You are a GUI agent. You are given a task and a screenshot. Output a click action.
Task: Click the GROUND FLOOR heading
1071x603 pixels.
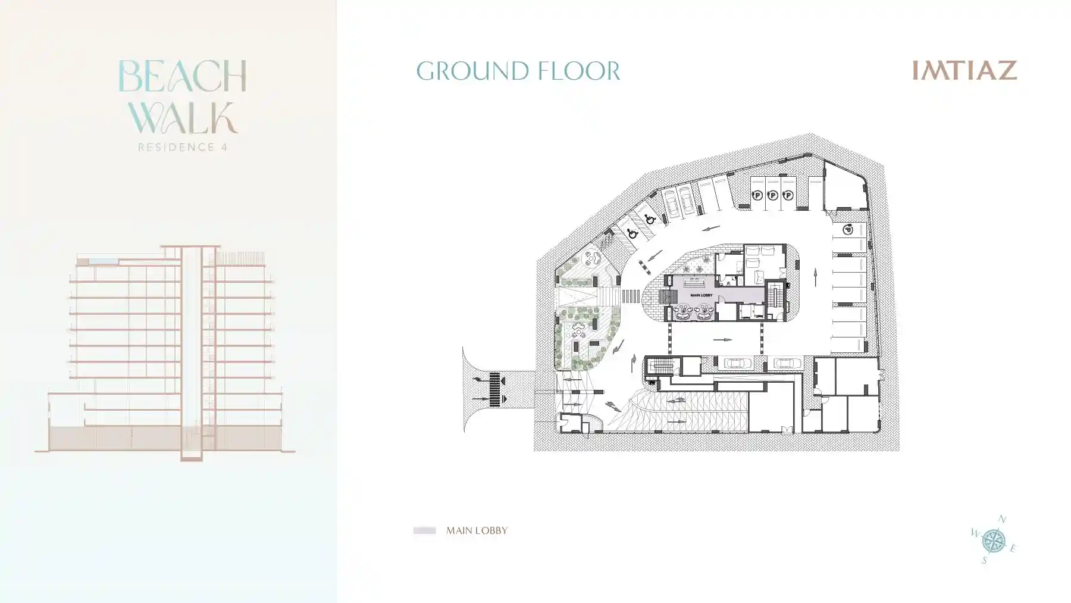[x=518, y=71]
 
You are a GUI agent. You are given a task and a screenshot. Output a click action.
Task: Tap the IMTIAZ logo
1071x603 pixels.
[x=964, y=70]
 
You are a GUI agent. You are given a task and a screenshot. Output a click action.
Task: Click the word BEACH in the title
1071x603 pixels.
[x=182, y=76]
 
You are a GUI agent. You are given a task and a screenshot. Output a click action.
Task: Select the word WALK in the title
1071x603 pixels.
[x=183, y=118]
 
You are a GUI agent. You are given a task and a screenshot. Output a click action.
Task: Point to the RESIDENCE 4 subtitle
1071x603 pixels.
[x=183, y=147]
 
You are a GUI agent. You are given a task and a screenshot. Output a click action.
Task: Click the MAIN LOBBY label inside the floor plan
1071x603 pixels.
[x=701, y=295]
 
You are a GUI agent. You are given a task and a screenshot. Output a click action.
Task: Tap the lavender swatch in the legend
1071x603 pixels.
[x=425, y=530]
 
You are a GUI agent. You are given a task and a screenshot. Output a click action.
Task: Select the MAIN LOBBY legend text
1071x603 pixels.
[x=477, y=530]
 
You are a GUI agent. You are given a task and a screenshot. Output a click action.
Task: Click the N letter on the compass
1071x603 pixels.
[x=1002, y=520]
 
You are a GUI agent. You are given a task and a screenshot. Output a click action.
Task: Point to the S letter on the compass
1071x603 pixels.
[x=984, y=560]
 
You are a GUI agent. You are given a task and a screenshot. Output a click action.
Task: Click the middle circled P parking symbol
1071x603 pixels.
[x=772, y=195]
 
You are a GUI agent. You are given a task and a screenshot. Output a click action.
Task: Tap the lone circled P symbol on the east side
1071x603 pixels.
[x=848, y=230]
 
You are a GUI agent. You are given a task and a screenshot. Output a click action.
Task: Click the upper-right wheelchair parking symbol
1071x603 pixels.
[x=650, y=220]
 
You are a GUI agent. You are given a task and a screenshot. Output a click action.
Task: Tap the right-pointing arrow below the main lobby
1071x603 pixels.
[x=722, y=340]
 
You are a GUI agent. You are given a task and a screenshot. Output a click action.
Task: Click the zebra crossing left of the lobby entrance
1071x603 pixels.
[x=631, y=295]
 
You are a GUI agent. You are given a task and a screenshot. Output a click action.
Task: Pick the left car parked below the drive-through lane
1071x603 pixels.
[x=738, y=363]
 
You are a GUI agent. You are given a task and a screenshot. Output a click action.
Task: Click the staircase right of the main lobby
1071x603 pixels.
[x=774, y=296]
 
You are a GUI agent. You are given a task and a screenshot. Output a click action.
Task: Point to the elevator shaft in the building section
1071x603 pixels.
[x=191, y=351]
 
